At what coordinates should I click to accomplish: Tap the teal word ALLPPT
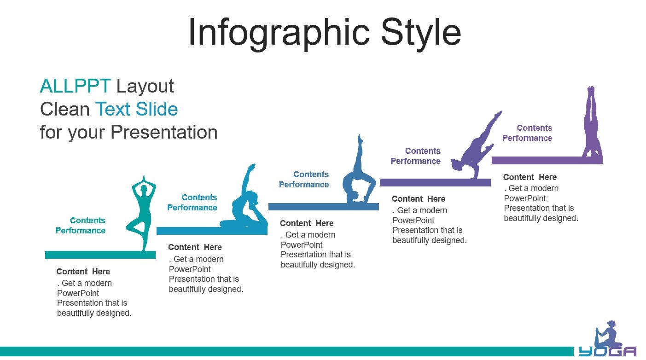75,86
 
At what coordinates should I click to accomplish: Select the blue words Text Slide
136,109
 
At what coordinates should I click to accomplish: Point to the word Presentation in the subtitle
164,132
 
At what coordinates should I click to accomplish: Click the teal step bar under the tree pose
100,255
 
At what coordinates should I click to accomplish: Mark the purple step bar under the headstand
547,161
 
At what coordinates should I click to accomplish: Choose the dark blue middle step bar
324,207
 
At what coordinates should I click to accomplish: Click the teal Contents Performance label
81,226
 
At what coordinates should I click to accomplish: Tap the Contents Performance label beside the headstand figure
527,133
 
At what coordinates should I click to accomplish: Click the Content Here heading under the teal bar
83,272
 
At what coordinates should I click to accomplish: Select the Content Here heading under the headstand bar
530,177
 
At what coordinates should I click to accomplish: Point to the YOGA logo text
608,352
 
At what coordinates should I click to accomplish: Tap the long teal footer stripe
287,351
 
